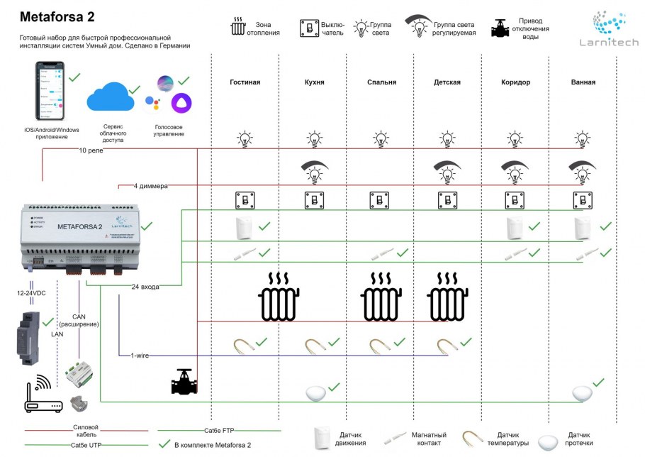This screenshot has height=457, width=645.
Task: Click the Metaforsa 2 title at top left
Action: click(x=57, y=17)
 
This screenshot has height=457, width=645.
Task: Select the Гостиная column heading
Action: click(x=245, y=82)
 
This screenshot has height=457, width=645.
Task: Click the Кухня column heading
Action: click(x=314, y=82)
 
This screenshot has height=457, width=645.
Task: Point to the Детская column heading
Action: click(x=447, y=82)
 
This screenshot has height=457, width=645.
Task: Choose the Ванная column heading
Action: click(x=583, y=82)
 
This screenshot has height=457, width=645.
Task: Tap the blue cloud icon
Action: click(x=110, y=97)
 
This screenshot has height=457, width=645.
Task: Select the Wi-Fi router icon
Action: click(x=43, y=395)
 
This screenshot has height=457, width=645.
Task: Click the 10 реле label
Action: click(x=91, y=150)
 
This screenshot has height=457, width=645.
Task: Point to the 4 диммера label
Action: click(x=150, y=187)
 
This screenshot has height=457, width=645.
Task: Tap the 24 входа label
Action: click(x=145, y=287)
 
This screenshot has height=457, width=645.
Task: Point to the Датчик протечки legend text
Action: click(x=580, y=439)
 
